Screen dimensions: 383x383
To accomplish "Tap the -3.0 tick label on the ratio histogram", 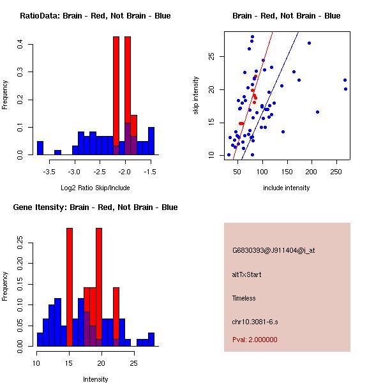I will tap(75, 172).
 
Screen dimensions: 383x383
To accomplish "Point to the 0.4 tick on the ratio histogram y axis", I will tap(22, 45).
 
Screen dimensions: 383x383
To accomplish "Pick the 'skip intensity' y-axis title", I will tap(196, 96).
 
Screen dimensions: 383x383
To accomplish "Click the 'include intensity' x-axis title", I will tap(286, 188).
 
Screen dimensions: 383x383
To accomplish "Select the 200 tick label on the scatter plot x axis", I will tap(312, 172).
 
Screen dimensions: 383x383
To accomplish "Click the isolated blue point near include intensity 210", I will tap(317, 112).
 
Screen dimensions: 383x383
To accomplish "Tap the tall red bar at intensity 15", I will tap(70, 287).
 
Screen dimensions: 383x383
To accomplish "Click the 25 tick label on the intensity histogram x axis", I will tap(133, 363).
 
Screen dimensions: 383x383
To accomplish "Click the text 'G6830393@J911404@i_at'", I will tap(273, 250).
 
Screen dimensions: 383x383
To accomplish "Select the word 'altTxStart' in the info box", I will tap(246, 274).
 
